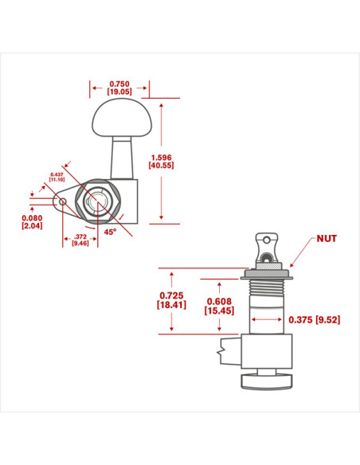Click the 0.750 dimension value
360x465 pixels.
pyautogui.click(x=119, y=84)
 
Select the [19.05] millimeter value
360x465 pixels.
pyautogui.click(x=119, y=92)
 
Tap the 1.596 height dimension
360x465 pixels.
pyautogui.click(x=161, y=158)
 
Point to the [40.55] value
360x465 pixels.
pyautogui.click(x=161, y=165)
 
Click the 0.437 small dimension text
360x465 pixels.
pyautogui.click(x=57, y=174)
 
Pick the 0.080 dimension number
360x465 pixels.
pyautogui.click(x=32, y=218)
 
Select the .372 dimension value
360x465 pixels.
pyautogui.click(x=80, y=236)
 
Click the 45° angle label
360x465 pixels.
pyautogui.click(x=110, y=232)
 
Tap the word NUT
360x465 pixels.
pyautogui.click(x=327, y=239)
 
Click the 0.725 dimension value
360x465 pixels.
pyautogui.click(x=171, y=295)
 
